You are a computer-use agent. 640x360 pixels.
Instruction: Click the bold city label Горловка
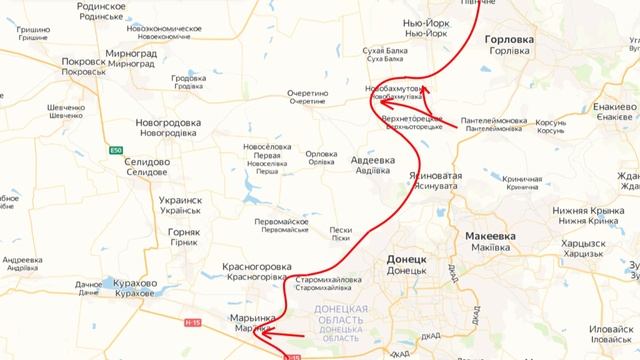pos(509,39)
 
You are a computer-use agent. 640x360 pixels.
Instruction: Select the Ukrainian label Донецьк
pos(407,271)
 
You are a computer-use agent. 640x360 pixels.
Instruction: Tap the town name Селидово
pos(148,161)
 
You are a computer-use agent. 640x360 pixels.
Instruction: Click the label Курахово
pos(134,283)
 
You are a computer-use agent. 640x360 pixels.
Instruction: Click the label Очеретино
pos(308,92)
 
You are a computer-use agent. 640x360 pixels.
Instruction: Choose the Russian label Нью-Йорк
pos(424,22)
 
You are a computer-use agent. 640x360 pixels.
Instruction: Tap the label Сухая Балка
pos(390,50)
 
